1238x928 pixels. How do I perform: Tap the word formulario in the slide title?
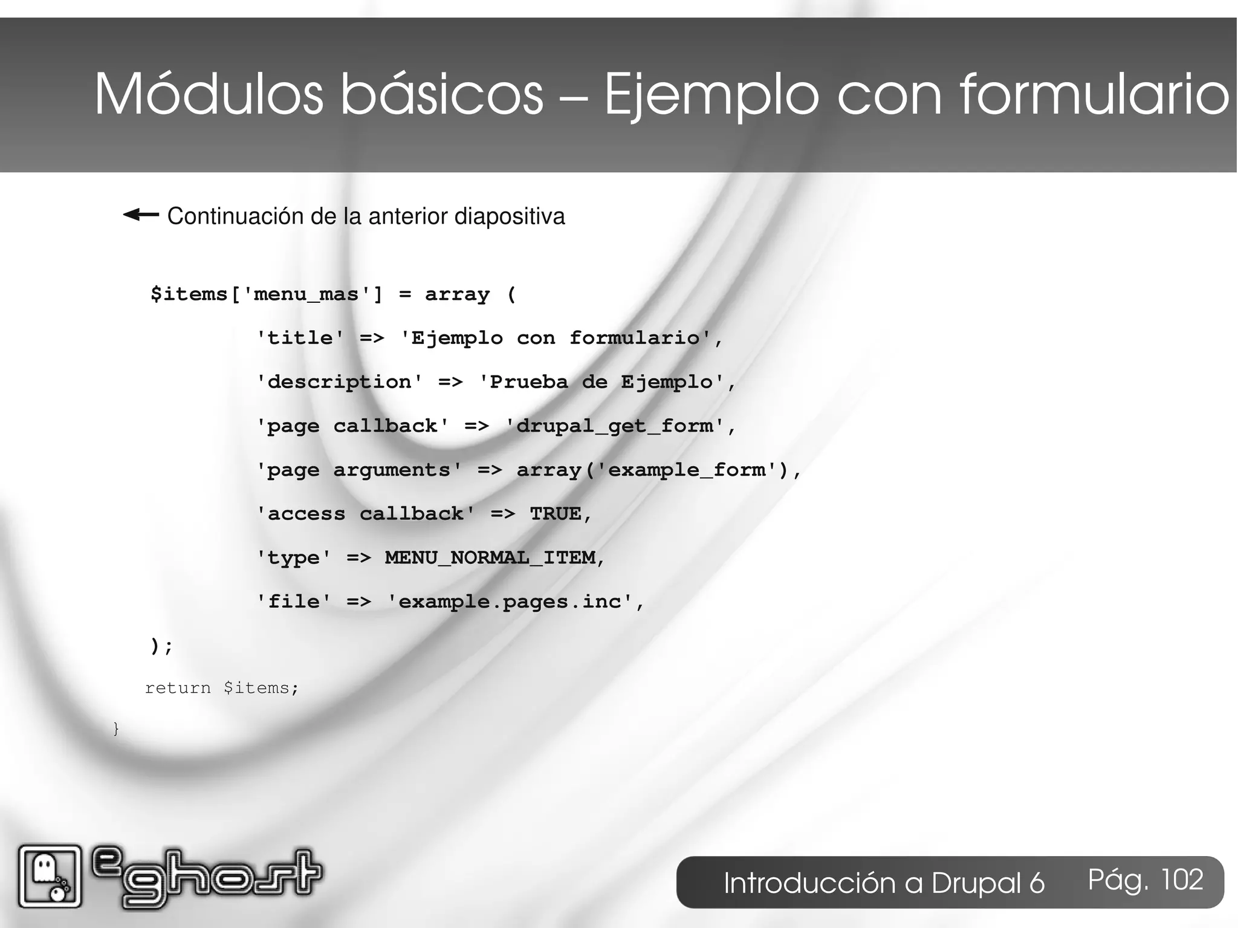pos(1094,94)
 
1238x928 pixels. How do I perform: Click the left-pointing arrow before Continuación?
pos(141,215)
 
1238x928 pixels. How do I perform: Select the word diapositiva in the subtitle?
pos(510,216)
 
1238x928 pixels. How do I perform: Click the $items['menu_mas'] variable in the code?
pos(267,294)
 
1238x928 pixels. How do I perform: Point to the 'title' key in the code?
pos(300,338)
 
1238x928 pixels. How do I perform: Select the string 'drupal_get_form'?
pos(614,426)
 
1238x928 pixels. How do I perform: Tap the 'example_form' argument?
pos(687,470)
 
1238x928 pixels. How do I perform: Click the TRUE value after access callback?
pos(556,514)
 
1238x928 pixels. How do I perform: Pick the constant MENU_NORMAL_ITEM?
pos(490,557)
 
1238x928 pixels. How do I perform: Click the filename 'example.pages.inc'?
pos(510,602)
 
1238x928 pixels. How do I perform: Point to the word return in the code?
pos(178,688)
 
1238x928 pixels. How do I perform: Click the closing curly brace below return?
pos(116,729)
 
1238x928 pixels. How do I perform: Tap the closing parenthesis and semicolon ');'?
pos(161,646)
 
